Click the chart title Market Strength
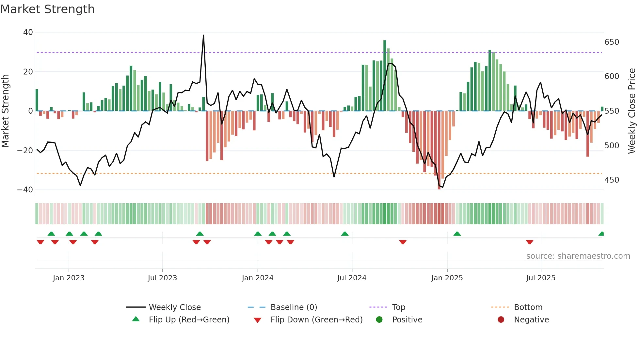pos(47,9)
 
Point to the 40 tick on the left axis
pos(28,32)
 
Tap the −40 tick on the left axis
pos(25,190)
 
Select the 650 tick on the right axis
pos(612,42)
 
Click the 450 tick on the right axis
pos(612,180)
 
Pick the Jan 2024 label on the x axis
pos(257,278)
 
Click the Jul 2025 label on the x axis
pos(540,278)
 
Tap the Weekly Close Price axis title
pos(632,111)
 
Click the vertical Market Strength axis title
pos(6,111)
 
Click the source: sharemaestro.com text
pos(578,256)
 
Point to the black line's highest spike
pos(203,35)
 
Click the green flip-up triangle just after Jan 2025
pos(457,234)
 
